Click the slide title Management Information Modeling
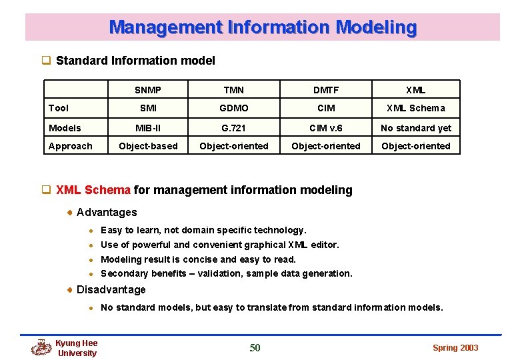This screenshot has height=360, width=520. click(263, 27)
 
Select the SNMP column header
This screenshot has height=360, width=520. click(147, 90)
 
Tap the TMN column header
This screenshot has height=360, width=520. click(233, 90)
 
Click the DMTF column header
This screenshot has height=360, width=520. click(326, 90)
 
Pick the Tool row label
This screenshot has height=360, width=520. click(59, 108)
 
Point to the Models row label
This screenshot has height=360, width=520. click(65, 128)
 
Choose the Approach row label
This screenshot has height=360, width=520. click(70, 146)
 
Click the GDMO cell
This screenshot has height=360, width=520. click(233, 108)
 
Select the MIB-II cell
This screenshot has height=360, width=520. click(147, 128)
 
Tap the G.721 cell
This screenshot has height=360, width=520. click(233, 128)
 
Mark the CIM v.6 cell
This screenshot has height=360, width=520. click(326, 128)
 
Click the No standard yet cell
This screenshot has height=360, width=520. click(416, 128)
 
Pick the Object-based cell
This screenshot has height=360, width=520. click(147, 146)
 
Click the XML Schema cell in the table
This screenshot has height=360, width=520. click(416, 108)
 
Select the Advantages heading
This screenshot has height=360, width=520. click(107, 212)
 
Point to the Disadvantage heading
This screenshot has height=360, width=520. click(111, 289)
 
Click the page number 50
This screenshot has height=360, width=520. click(255, 347)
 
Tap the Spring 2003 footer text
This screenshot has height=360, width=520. click(455, 347)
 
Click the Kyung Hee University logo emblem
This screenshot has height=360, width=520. click(41, 347)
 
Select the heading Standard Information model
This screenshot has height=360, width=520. click(135, 61)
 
